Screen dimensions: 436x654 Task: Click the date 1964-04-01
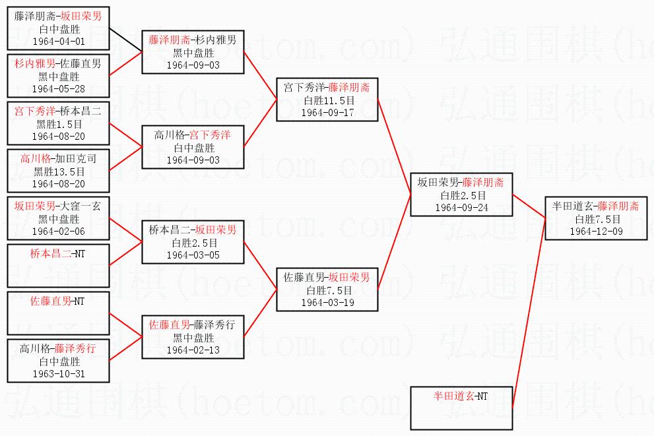click(58, 42)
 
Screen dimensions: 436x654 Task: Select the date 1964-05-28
click(58, 89)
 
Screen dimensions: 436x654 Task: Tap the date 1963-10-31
click(58, 373)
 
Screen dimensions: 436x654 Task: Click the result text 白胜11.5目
click(328, 100)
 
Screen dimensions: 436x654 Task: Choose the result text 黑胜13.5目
click(58, 171)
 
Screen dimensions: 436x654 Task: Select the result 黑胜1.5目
click(58, 124)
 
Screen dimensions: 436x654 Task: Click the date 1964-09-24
click(461, 208)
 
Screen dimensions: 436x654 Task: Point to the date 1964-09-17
click(328, 112)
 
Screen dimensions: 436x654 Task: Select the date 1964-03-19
click(328, 302)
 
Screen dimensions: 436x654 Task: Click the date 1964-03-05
click(193, 255)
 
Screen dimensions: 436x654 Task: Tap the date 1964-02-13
click(193, 350)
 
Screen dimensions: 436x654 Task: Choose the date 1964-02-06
click(58, 232)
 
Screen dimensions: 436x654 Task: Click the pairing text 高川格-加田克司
click(58, 159)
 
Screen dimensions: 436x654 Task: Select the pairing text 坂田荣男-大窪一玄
click(58, 206)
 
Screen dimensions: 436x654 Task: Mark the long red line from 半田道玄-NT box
click(528, 310)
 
